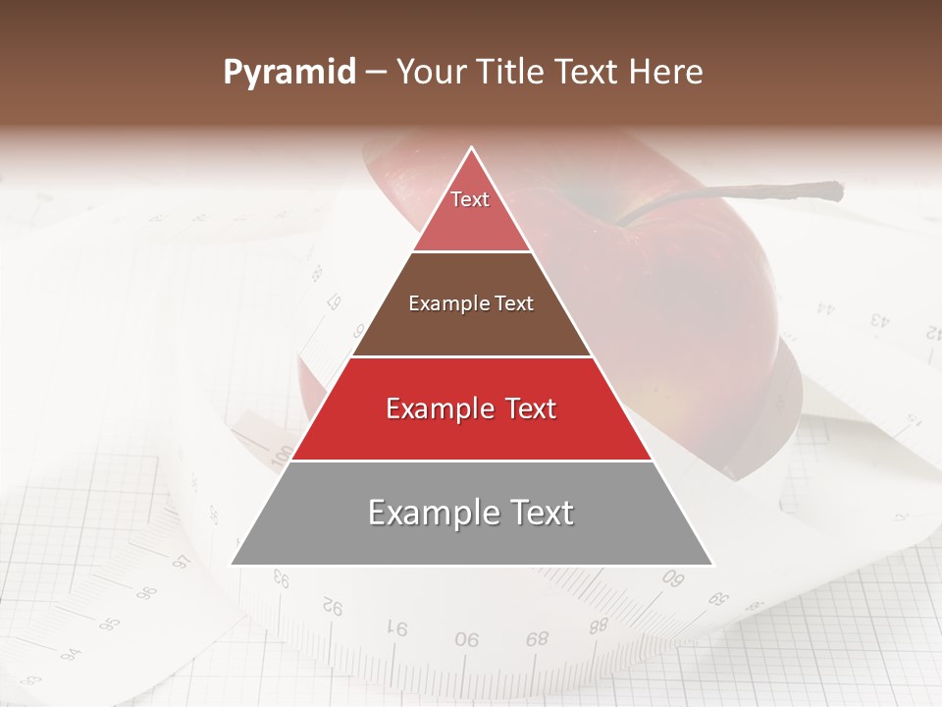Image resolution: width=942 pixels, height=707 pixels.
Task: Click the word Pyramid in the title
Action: coord(288,73)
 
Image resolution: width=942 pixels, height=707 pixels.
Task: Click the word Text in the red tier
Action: coord(528,408)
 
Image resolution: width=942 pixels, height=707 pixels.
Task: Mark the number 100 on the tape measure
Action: coord(282,455)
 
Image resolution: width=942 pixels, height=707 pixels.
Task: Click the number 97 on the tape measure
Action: coord(181,563)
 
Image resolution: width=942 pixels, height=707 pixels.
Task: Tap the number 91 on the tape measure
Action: coord(397,627)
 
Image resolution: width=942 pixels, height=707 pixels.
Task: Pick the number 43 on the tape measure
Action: coord(879,320)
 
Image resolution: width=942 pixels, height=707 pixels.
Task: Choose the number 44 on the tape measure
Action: coord(825,309)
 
